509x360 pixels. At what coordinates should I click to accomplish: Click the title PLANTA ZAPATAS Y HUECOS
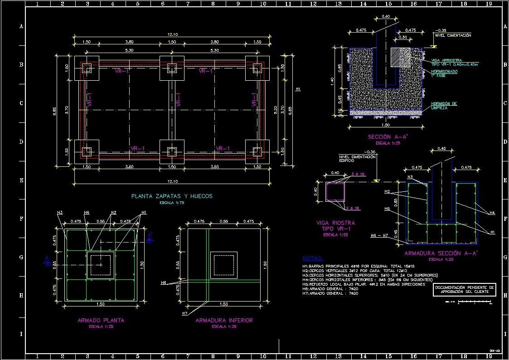click(172, 196)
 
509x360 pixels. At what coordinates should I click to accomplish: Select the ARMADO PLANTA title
click(101, 320)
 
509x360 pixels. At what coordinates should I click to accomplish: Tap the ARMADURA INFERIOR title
click(224, 320)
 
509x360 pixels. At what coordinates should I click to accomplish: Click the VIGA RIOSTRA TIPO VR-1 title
click(335, 226)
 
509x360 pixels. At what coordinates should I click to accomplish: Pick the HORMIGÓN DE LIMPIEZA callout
click(444, 106)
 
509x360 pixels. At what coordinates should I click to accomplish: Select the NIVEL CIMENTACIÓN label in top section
click(453, 35)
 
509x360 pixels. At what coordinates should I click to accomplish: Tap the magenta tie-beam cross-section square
click(335, 192)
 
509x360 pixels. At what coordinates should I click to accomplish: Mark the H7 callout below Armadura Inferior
click(184, 313)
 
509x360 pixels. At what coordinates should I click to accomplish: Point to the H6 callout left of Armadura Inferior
click(164, 282)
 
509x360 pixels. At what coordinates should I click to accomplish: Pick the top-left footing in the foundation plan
click(87, 68)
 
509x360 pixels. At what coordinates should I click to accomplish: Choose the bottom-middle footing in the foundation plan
click(172, 151)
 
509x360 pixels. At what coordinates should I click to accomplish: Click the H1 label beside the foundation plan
click(298, 89)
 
